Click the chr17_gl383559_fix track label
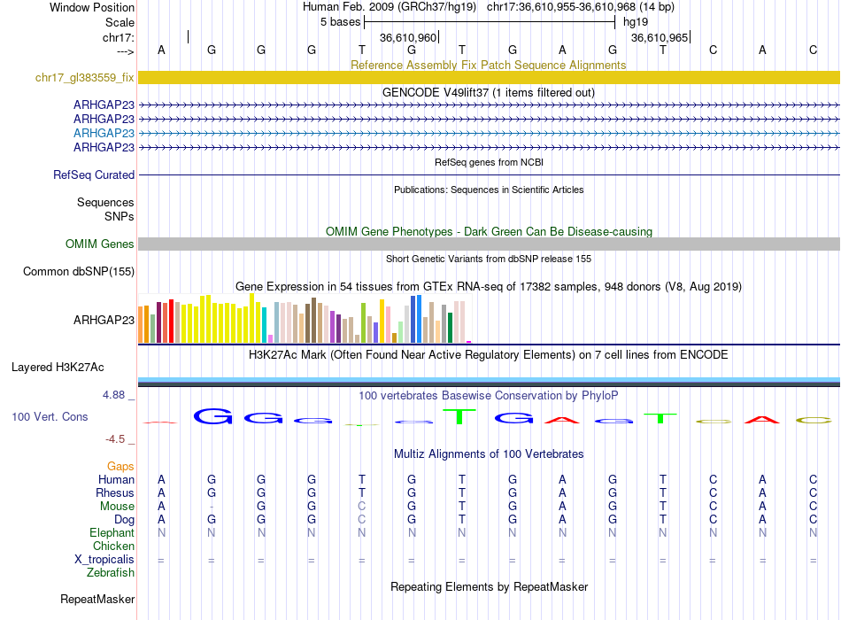coord(85,78)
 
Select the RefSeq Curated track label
coord(94,175)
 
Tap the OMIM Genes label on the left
coord(100,244)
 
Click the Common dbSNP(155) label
coord(79,272)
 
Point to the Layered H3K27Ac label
coord(58,367)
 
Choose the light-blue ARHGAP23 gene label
coord(104,133)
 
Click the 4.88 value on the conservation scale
coord(115,395)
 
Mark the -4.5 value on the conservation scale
coord(117,438)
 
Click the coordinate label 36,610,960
coord(408,38)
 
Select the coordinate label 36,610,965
coord(659,38)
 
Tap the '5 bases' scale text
coord(341,22)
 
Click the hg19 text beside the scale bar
coord(636,22)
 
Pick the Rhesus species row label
coord(115,493)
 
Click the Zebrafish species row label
coord(111,573)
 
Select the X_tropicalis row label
coord(104,560)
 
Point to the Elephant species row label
coord(112,533)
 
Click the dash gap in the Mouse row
coord(211,507)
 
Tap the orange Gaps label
coord(120,466)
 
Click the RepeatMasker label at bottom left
coord(97,600)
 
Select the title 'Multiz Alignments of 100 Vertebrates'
coord(489,454)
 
